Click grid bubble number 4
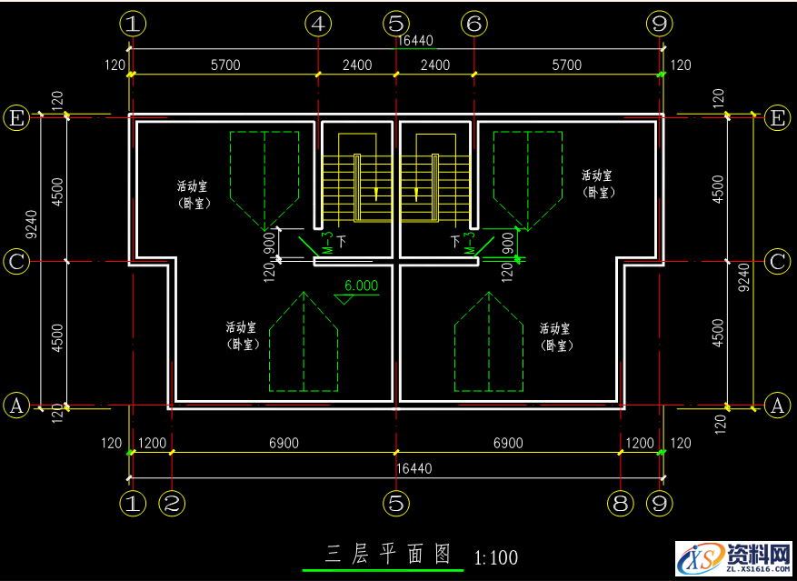[317, 24]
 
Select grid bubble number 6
[473, 24]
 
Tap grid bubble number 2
[172, 503]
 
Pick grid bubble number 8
[620, 503]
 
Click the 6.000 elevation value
[360, 285]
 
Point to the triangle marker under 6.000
[344, 300]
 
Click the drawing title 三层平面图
[388, 554]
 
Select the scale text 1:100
[495, 556]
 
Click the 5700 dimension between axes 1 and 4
[225, 65]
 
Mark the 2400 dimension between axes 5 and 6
[435, 65]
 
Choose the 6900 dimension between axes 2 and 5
[284, 443]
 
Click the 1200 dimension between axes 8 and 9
[640, 443]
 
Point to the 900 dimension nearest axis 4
[269, 242]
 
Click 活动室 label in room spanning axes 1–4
[192, 186]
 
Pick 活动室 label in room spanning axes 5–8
[554, 328]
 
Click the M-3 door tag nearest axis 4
[326, 244]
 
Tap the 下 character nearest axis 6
[454, 241]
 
